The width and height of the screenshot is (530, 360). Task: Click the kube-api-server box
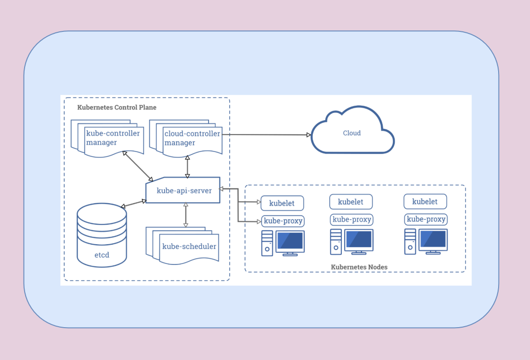pos(183,191)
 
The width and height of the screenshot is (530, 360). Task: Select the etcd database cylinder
pos(102,235)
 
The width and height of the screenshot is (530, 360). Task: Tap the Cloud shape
pos(352,133)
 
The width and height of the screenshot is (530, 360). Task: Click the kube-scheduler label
pos(189,247)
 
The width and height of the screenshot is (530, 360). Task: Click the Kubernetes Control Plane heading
pos(117,107)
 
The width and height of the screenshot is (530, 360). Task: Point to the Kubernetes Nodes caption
pos(359,267)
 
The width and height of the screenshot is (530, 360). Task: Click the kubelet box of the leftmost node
pos(282,203)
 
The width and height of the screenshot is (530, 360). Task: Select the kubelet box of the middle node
pos(350,202)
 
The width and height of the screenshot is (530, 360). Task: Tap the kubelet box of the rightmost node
pos(425,201)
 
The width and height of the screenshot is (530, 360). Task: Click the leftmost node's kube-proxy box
pos(282,221)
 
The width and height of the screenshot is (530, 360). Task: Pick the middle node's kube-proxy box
pos(352,220)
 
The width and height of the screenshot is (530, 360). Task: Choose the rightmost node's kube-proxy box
pos(426,219)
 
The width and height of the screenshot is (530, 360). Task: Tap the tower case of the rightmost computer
pos(410,241)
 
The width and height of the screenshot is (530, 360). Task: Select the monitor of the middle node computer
pos(359,239)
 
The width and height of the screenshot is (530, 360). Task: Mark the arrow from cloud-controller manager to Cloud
pos(265,135)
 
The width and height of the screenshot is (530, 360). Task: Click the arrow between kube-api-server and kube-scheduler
pos(186,215)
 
